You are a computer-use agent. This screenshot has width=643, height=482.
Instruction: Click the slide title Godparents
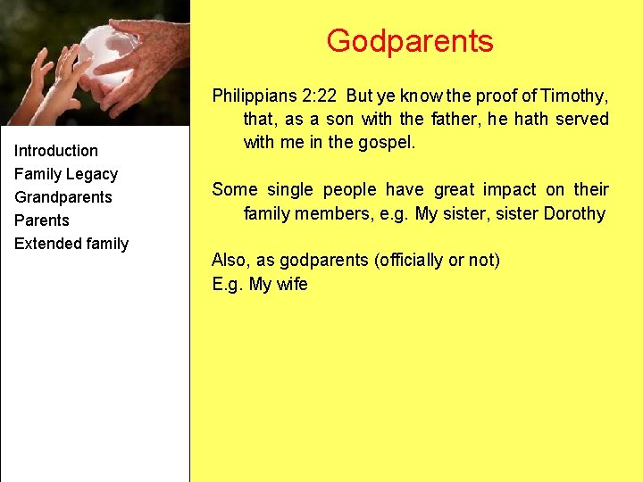[x=409, y=41]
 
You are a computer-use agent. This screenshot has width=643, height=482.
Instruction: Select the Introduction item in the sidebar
[x=56, y=151]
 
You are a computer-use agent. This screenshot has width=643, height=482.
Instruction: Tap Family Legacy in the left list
[x=66, y=174]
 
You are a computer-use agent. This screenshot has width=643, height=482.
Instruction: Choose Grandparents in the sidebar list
[x=63, y=197]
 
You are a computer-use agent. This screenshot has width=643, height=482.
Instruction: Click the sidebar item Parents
[x=42, y=220]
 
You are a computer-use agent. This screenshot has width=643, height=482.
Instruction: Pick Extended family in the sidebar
[x=71, y=244]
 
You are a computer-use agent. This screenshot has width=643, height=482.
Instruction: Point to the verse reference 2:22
[x=318, y=95]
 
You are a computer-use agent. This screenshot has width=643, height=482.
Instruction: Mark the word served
[x=580, y=119]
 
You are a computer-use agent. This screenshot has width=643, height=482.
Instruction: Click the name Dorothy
[x=573, y=213]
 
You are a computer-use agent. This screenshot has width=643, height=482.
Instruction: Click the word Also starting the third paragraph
[x=229, y=260]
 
